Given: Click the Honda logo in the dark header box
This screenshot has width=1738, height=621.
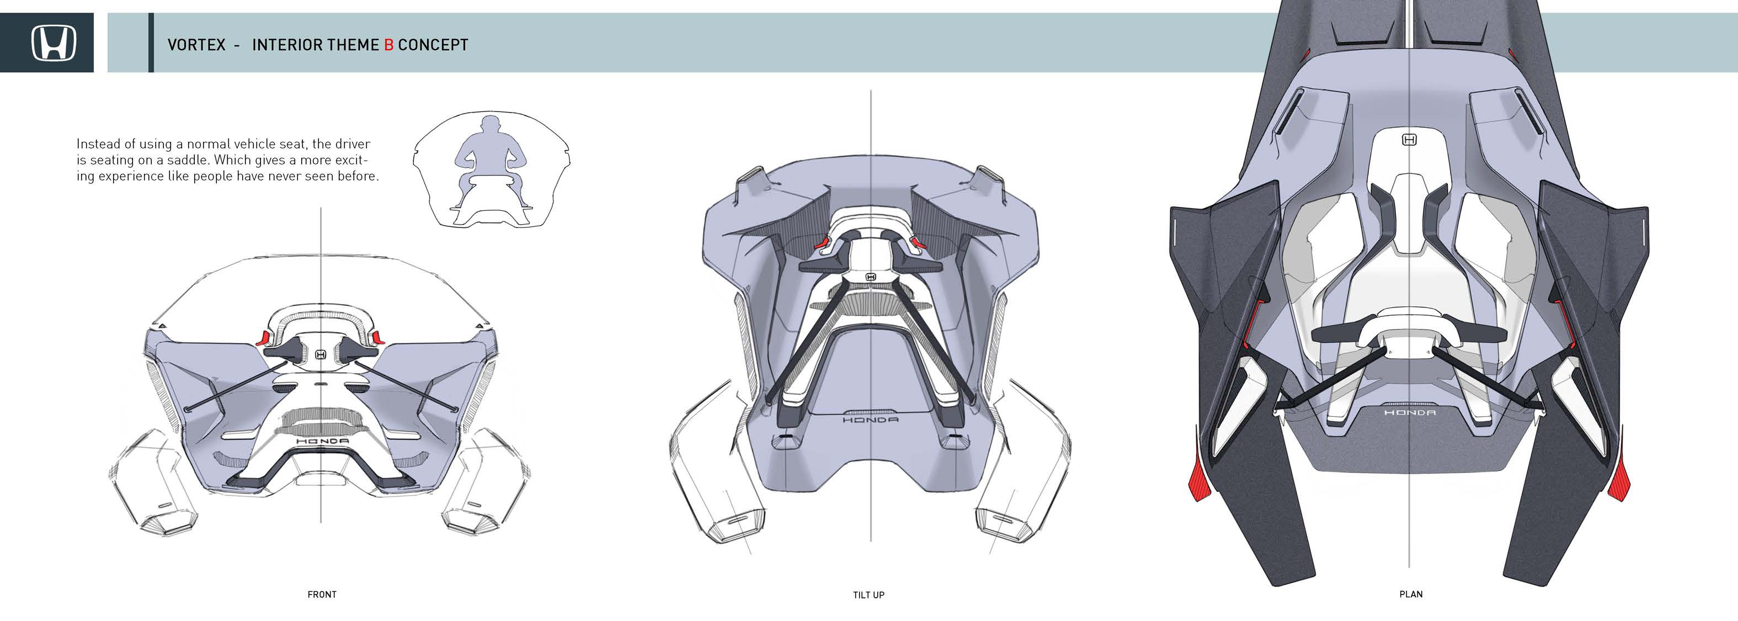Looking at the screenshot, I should (54, 43).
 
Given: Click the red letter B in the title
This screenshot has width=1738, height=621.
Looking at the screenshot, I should (388, 45).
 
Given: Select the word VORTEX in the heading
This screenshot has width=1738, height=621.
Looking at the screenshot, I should (196, 45).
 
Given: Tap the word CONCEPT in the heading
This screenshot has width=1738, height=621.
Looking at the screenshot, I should (433, 45).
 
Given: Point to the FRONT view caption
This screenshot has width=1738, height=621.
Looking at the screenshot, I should (322, 595).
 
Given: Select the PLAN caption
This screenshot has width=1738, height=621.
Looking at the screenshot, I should (1411, 595).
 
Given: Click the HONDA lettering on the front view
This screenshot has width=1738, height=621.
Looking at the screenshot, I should (323, 442).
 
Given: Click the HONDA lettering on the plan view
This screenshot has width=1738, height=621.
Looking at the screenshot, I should (1409, 412).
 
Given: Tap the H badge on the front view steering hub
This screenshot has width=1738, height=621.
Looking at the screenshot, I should (321, 354).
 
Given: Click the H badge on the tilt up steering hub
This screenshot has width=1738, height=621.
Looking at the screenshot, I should (870, 277).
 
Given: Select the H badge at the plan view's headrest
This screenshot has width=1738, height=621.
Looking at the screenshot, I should (1409, 140).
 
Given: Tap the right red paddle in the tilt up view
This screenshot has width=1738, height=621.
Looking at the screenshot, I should (918, 242).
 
